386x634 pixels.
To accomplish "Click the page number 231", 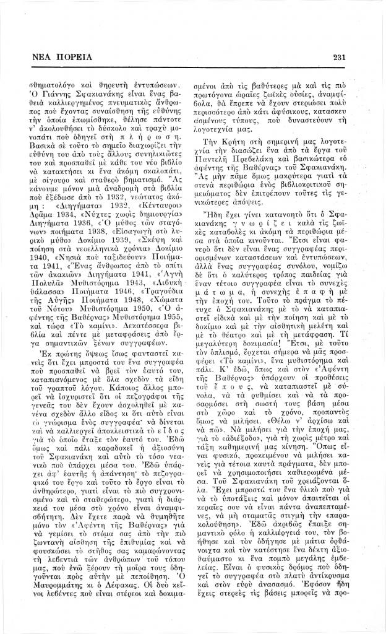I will (338, 58).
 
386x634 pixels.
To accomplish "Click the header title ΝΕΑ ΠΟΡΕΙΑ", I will (54, 58).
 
